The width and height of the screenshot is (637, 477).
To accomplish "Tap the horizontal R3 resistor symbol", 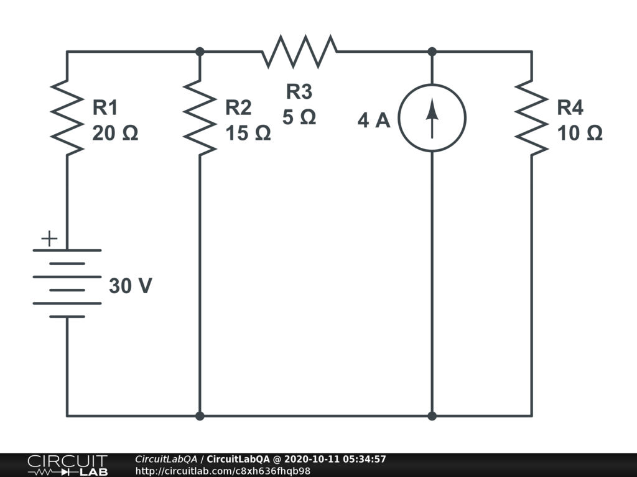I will (299, 52).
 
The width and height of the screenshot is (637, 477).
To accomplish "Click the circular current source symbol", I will (432, 118).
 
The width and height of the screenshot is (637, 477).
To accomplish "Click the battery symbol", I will (67, 283).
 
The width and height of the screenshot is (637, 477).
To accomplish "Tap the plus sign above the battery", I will (49, 238).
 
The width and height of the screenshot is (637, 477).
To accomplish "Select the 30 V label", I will (130, 286).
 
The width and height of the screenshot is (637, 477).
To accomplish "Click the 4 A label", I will (374, 120).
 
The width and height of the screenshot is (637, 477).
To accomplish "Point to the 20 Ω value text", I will (115, 133).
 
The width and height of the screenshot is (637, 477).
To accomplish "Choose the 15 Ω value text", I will (248, 133).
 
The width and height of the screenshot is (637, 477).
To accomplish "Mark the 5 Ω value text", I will (299, 117).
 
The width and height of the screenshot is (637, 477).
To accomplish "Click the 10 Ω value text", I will (580, 133).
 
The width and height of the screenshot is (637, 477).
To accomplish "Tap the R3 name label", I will (299, 92).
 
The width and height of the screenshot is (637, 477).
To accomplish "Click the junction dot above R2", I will (200, 52).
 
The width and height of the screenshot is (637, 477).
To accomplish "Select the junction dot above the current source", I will (432, 52).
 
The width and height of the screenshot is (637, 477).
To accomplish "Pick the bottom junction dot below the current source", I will (432, 416).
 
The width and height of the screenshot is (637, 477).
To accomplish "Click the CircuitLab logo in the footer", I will (67, 465).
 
